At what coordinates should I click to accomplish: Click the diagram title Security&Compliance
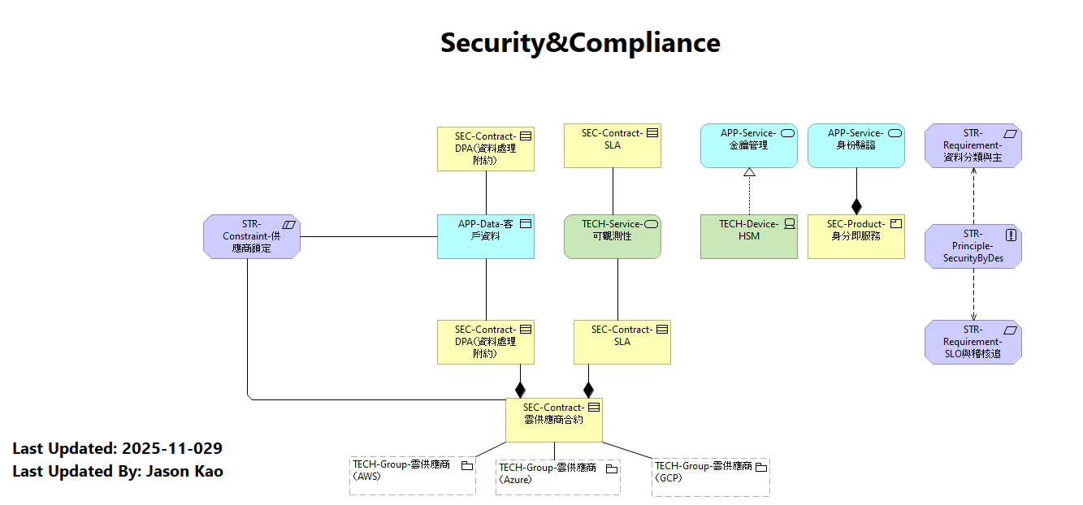pyautogui.click(x=580, y=42)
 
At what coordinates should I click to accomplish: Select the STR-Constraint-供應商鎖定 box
pyautogui.click(x=252, y=236)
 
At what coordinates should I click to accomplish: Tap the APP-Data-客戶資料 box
pyautogui.click(x=485, y=236)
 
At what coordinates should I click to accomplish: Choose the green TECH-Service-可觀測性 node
pyautogui.click(x=612, y=236)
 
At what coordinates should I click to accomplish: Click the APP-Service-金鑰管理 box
pyautogui.click(x=748, y=146)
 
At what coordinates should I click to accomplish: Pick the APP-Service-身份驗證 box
pyautogui.click(x=856, y=146)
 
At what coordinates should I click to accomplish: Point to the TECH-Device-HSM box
pyautogui.click(x=748, y=236)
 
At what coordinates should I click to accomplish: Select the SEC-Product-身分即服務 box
pyautogui.click(x=856, y=236)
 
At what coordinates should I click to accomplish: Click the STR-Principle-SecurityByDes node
pyautogui.click(x=973, y=247)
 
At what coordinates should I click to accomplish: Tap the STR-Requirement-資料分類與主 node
pyautogui.click(x=973, y=146)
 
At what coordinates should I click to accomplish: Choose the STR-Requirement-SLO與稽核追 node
pyautogui.click(x=973, y=342)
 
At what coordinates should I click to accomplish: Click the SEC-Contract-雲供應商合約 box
pyautogui.click(x=553, y=420)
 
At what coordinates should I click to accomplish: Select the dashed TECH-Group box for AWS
pyautogui.click(x=412, y=476)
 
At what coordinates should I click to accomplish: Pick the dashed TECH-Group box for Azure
pyautogui.click(x=557, y=477)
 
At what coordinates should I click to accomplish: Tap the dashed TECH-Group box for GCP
pyautogui.click(x=710, y=477)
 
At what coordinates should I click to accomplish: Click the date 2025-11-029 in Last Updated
pyautogui.click(x=172, y=448)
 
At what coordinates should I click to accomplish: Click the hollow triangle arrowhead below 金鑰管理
pyautogui.click(x=749, y=171)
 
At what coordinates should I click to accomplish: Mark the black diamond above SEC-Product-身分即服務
pyautogui.click(x=856, y=206)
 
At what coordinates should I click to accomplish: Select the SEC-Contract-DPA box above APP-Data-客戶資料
pyautogui.click(x=485, y=149)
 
